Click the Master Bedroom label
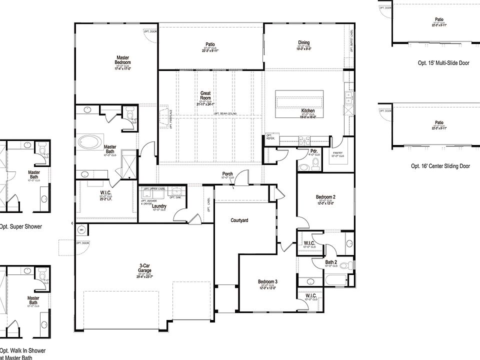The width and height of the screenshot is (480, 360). pos(123,60)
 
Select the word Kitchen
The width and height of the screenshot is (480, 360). pos(307,110)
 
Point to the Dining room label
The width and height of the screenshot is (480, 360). pos(304,42)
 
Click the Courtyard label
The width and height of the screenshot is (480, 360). pos(239,220)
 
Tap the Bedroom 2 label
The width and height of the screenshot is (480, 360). pos(325,197)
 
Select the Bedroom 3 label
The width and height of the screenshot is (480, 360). pos(267,281)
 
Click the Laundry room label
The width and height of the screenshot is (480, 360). pos(159,206)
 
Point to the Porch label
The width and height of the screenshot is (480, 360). pos(227,174)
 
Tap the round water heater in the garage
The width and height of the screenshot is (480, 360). pos(82,230)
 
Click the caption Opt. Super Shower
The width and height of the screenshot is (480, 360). pos(20,226)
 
